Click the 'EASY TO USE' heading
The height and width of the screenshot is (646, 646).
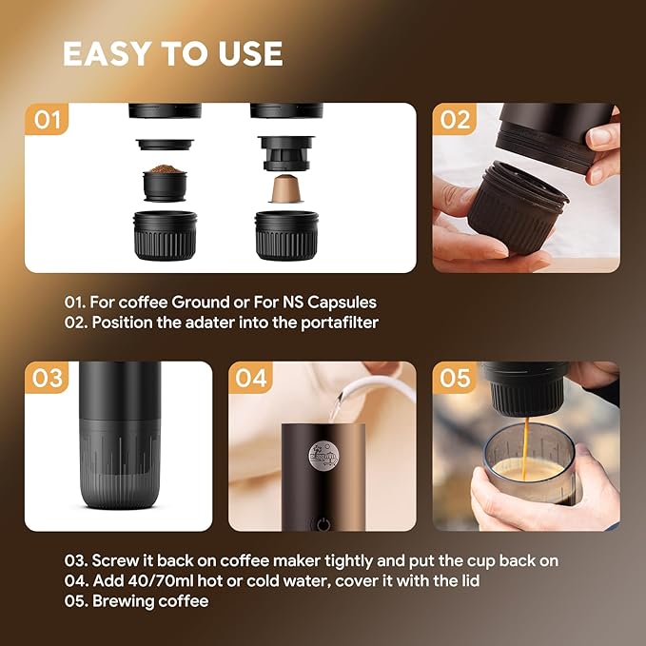pyautogui.click(x=172, y=54)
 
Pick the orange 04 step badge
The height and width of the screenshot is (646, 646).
pyautogui.click(x=251, y=378)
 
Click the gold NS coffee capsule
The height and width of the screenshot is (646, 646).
pyautogui.click(x=282, y=188)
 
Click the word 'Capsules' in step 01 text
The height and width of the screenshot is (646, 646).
pyautogui.click(x=343, y=302)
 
